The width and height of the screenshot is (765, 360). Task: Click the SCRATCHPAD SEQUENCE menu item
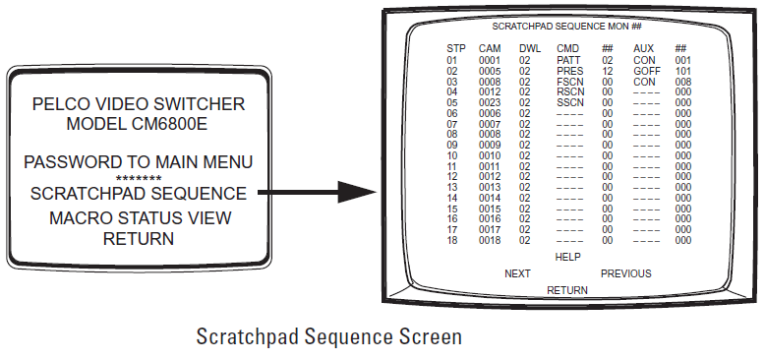(139, 193)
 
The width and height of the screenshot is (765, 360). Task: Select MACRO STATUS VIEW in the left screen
(139, 216)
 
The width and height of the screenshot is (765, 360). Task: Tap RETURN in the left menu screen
(139, 238)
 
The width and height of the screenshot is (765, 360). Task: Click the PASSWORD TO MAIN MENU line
(139, 161)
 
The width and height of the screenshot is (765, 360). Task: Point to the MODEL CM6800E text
(139, 125)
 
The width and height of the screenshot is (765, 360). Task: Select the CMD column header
(567, 48)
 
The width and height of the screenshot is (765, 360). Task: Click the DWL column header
(529, 48)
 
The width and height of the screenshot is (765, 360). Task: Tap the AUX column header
(643, 48)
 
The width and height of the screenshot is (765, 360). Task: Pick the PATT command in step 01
(568, 60)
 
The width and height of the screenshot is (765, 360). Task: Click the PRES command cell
(568, 71)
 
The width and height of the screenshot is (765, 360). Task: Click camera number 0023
(490, 102)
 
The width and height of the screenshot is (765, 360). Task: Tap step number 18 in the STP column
(452, 240)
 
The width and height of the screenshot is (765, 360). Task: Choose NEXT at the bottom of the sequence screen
(517, 273)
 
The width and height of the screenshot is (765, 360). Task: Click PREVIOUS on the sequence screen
(625, 273)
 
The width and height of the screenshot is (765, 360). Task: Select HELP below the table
(568, 258)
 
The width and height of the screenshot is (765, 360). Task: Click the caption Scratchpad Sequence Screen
(328, 337)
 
